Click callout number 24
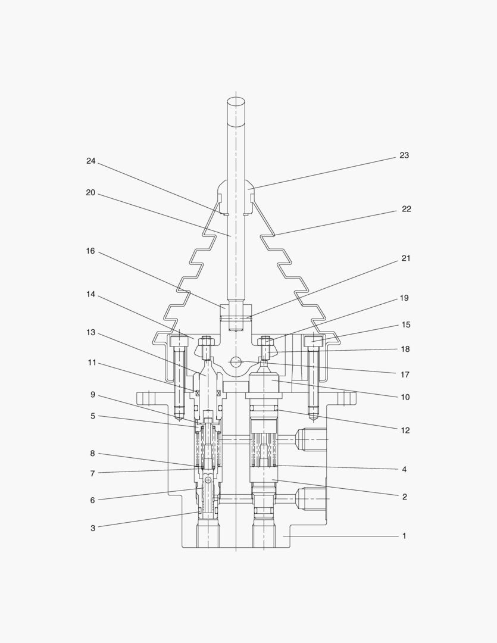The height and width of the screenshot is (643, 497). (90, 161)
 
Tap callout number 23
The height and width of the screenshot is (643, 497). (404, 155)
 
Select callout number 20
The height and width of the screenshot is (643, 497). (90, 193)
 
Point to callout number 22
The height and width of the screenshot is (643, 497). (406, 209)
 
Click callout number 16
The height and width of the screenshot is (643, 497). (90, 251)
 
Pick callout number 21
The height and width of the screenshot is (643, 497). (405, 258)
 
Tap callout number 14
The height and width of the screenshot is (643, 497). (90, 295)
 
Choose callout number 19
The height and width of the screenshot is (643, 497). (404, 298)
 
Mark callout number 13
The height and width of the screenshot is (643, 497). (90, 333)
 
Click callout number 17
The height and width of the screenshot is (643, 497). (405, 375)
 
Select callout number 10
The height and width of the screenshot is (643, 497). (405, 397)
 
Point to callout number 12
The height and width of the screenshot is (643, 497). (405, 430)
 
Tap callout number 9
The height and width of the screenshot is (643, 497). (93, 395)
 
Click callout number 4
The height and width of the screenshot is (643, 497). (404, 470)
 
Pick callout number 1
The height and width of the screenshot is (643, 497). (404, 536)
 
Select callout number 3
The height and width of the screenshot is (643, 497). (93, 529)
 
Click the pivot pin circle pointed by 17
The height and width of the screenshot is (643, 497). (236, 362)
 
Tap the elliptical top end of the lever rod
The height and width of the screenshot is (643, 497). (236, 101)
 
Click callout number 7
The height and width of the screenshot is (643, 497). (93, 474)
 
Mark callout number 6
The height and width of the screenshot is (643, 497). (93, 500)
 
